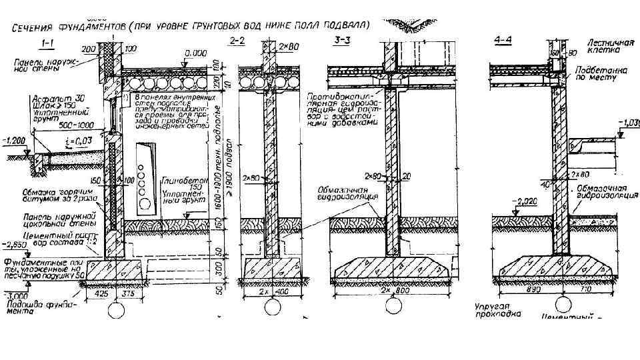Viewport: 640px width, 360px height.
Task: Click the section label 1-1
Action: tap(48, 44)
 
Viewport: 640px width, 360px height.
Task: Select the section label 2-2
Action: tap(237, 41)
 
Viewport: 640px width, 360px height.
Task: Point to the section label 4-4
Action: tap(503, 40)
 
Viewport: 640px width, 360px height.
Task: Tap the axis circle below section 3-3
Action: tap(394, 306)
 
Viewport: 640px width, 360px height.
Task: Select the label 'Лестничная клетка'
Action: tap(609, 46)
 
